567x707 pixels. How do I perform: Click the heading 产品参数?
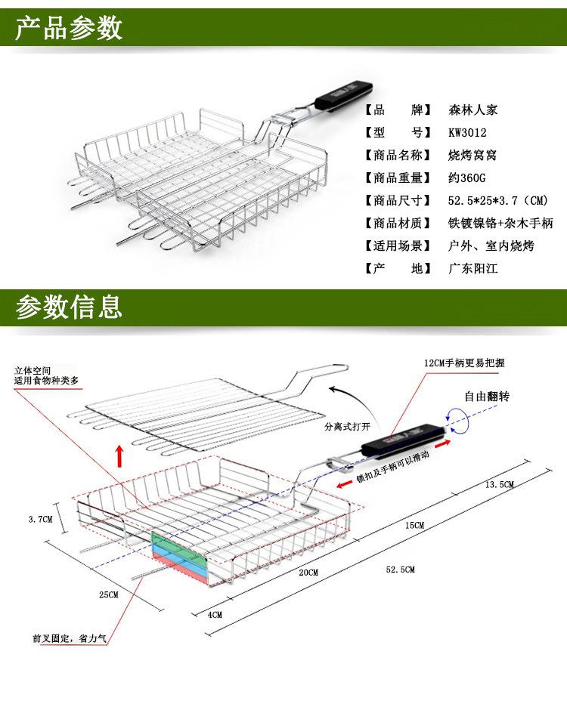click(69, 28)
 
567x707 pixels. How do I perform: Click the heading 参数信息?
click(69, 307)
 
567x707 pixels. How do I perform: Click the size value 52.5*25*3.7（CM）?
click(497, 200)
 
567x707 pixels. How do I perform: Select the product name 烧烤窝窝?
click(472, 155)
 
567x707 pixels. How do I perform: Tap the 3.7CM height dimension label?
click(40, 519)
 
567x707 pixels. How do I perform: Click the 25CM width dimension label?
click(109, 595)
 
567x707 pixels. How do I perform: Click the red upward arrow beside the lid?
click(119, 456)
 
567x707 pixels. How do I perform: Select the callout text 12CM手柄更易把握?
click(463, 363)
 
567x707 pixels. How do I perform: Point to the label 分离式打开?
click(345, 427)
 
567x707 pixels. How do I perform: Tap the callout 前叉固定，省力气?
click(70, 639)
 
